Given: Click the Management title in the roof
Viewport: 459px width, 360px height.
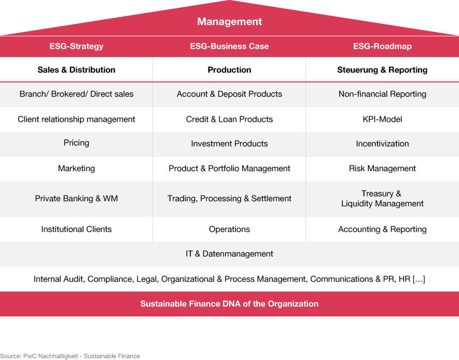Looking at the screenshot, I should click(229, 22).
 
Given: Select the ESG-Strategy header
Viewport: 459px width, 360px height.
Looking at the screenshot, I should click(76, 46).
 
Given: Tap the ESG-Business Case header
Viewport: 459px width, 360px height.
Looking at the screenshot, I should click(229, 46).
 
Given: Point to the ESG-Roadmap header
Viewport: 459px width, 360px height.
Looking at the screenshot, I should click(382, 46).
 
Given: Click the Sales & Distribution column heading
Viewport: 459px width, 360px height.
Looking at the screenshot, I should click(76, 70).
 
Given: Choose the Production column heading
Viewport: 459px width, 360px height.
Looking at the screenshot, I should click(229, 70).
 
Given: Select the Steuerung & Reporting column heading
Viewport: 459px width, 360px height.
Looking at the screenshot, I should click(382, 70).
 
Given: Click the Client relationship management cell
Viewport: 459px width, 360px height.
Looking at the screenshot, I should click(76, 119).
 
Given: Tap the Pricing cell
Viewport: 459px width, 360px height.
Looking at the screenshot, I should click(76, 143).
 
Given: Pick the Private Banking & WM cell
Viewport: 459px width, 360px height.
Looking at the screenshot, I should click(76, 199).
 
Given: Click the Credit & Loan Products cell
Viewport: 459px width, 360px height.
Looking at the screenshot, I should click(229, 119).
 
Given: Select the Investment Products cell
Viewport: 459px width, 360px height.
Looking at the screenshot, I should click(229, 144).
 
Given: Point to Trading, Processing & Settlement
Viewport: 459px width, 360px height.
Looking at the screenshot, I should click(229, 199).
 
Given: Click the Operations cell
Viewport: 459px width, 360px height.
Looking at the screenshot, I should click(229, 229).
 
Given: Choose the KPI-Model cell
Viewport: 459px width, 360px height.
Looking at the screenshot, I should click(382, 119).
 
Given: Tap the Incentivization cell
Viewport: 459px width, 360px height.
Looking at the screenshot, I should click(382, 144).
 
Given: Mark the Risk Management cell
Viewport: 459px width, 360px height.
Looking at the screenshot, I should click(382, 169).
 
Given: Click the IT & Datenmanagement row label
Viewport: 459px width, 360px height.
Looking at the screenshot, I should click(229, 254).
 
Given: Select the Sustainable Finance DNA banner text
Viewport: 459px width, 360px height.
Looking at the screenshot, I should click(229, 304).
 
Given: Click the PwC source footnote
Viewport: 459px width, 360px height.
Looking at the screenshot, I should click(70, 356).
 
